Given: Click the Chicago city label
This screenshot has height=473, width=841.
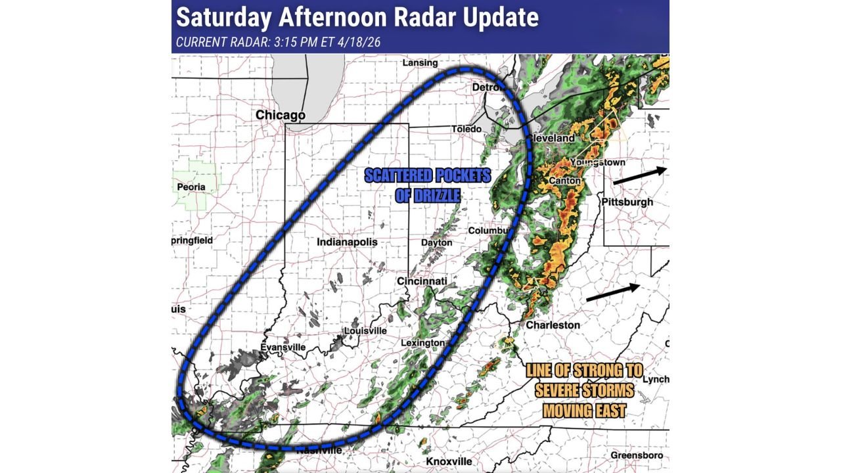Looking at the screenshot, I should (x=281, y=115).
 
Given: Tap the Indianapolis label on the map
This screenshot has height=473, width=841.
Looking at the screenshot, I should (x=347, y=242).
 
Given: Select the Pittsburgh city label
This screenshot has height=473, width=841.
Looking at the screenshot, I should (x=627, y=202).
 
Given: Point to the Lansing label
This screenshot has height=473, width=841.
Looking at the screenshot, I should (x=420, y=63).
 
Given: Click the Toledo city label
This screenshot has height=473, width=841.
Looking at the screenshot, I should (x=466, y=129).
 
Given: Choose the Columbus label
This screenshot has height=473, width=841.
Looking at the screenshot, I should (x=488, y=231).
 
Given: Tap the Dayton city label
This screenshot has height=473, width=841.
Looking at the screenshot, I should (x=437, y=242).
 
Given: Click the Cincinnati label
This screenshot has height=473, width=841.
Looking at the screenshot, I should (x=422, y=281).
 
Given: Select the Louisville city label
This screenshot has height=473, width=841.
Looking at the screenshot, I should (x=365, y=330).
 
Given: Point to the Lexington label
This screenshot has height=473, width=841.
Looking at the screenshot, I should (x=422, y=343).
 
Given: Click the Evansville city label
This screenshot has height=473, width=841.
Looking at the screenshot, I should (x=283, y=347).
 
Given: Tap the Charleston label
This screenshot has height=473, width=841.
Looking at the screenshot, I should (x=553, y=325).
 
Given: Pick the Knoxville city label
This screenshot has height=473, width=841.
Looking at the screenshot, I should (x=449, y=461).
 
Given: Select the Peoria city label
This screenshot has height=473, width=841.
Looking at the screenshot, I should (x=191, y=187).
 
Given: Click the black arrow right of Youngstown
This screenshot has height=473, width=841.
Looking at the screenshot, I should (x=639, y=175).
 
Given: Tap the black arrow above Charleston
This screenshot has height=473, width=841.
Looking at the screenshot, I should (x=612, y=292).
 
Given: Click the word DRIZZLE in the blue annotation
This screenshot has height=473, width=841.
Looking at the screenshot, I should (x=428, y=196).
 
